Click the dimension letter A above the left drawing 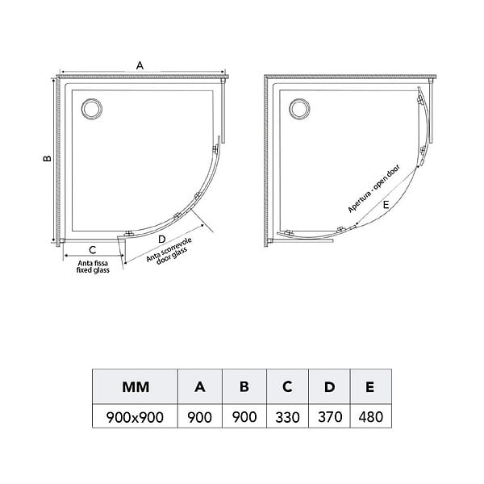(140, 65)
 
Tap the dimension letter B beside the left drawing (48, 158)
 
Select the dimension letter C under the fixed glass (92, 250)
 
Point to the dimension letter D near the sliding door (162, 239)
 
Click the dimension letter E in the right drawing (386, 205)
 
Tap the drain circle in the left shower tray (92, 109)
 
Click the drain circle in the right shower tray (299, 109)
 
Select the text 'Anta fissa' (93, 263)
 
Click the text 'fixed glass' (93, 270)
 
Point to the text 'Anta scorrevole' (169, 249)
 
